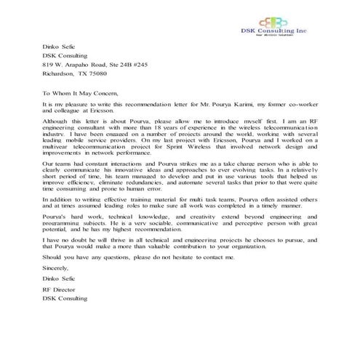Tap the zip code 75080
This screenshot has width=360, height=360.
(x=95, y=73)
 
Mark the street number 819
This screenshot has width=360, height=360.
(x=48, y=64)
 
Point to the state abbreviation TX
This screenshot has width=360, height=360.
(x=80, y=73)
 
